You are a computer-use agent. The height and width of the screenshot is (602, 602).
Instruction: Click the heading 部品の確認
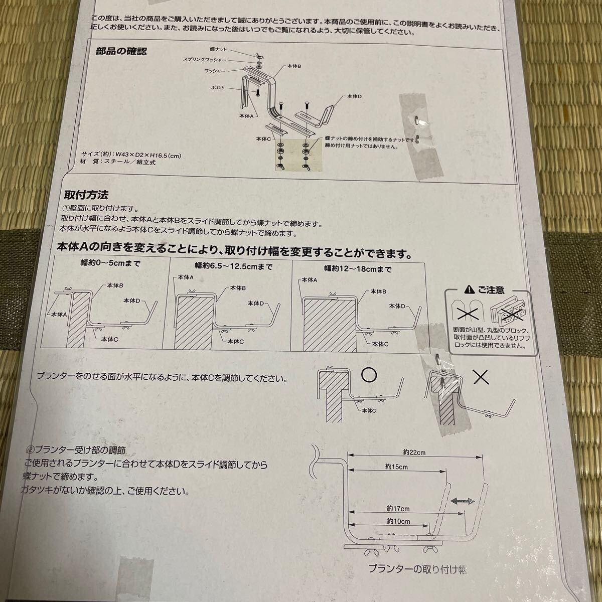tap(121, 51)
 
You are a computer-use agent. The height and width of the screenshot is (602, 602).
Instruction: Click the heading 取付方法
tap(86, 195)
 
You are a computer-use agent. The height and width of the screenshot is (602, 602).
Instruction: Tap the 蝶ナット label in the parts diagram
tap(218, 49)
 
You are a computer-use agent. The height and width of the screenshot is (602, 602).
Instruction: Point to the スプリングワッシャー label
tap(204, 59)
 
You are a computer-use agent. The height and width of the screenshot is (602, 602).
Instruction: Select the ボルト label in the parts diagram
tap(218, 88)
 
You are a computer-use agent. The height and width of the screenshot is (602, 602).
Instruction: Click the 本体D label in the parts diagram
tap(354, 96)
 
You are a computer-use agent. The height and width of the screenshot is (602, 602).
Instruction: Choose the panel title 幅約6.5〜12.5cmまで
tap(233, 266)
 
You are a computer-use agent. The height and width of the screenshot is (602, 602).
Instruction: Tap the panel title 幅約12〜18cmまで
tap(357, 269)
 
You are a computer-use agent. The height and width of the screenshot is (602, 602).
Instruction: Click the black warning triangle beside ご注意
tap(468, 290)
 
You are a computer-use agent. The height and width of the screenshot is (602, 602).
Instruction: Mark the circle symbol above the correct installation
tap(369, 375)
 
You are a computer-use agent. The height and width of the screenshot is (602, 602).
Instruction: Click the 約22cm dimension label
tap(414, 452)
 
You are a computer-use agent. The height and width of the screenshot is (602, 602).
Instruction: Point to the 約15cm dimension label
tap(396, 467)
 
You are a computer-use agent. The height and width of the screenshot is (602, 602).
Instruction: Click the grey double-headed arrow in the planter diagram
tap(463, 501)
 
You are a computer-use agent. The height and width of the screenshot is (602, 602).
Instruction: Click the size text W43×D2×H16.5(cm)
tap(148, 155)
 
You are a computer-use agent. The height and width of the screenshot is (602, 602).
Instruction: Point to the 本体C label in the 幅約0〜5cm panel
tap(109, 339)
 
